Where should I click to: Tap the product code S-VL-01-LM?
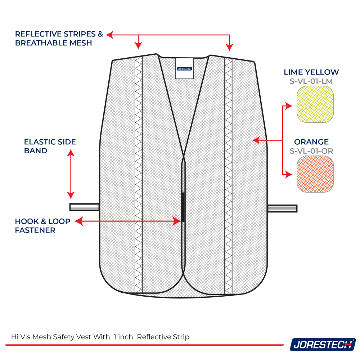[x=311, y=81]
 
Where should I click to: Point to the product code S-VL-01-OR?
[x=311, y=151]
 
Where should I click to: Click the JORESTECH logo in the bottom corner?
[x=323, y=345]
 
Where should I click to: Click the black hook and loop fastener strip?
[x=183, y=207]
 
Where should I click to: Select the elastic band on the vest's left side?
[x=84, y=207]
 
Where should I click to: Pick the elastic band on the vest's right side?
[x=282, y=208]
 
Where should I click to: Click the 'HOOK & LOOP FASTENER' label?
[x=42, y=226]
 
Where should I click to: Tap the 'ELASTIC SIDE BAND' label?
[x=50, y=146]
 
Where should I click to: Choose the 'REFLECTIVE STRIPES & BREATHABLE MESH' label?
[x=59, y=39]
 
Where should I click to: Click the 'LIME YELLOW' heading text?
[x=311, y=72]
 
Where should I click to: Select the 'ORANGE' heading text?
[x=311, y=142]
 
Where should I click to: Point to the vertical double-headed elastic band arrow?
[x=71, y=174]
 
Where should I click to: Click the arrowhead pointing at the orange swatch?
[x=289, y=175]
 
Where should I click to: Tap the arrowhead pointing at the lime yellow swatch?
[x=289, y=105]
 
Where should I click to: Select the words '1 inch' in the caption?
[x=123, y=337]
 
